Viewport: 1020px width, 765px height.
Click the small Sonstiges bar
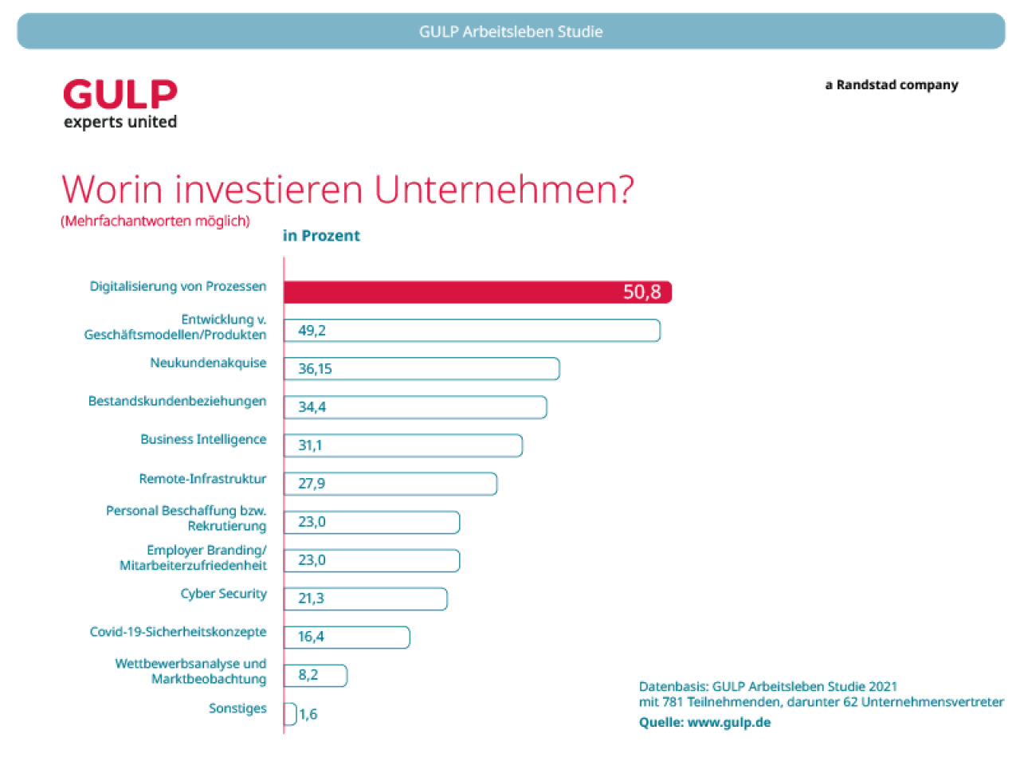click(x=290, y=714)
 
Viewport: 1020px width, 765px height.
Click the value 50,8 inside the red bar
click(x=641, y=292)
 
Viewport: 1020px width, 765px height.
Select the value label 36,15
click(x=315, y=369)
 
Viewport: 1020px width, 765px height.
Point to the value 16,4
click(x=311, y=637)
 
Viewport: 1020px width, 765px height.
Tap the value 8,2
click(x=308, y=675)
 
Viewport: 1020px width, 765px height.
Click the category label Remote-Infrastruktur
click(x=202, y=479)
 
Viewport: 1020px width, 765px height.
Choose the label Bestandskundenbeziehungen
click(x=177, y=401)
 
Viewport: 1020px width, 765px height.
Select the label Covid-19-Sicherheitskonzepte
click(x=178, y=632)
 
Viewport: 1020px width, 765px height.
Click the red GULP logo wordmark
click(x=120, y=95)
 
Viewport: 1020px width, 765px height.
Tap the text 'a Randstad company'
click(x=891, y=85)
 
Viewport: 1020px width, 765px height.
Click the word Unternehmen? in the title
click(x=504, y=190)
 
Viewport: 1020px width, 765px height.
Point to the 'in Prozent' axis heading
click(x=321, y=236)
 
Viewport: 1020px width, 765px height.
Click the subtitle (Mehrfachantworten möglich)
click(x=155, y=222)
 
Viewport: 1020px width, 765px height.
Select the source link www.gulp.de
click(x=728, y=723)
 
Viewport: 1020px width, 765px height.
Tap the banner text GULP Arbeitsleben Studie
click(x=511, y=32)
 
